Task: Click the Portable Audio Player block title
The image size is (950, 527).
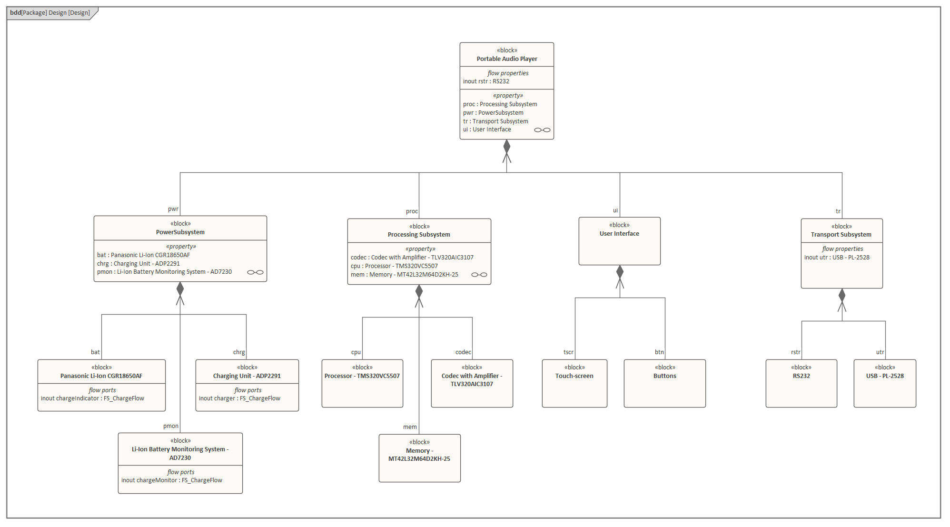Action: point(507,59)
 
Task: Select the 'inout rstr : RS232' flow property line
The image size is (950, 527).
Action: point(486,81)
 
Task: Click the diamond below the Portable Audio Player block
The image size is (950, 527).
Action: point(507,146)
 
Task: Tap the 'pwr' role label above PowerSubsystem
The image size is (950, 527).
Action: point(173,209)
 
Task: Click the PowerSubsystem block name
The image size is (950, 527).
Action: point(180,232)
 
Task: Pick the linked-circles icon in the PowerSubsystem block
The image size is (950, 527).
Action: point(255,272)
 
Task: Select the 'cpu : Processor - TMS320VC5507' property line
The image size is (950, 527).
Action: point(394,266)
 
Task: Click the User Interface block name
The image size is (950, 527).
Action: point(619,234)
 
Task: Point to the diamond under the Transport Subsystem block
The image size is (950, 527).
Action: point(842,295)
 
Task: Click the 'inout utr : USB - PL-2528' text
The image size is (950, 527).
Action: point(837,258)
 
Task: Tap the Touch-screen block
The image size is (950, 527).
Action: point(574,383)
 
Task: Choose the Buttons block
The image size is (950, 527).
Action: point(664,383)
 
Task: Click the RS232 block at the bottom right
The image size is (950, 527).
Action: point(801,383)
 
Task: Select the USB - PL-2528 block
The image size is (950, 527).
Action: point(885,383)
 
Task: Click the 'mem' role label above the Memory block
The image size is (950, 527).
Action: point(410,427)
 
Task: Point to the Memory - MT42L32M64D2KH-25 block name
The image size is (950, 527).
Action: point(419,455)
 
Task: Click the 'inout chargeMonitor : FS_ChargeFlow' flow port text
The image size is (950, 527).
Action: point(172,480)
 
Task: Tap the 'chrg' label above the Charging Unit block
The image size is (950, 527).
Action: point(239,352)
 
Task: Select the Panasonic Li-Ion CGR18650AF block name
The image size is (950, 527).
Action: point(101,376)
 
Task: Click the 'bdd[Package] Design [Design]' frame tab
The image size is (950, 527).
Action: point(50,13)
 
